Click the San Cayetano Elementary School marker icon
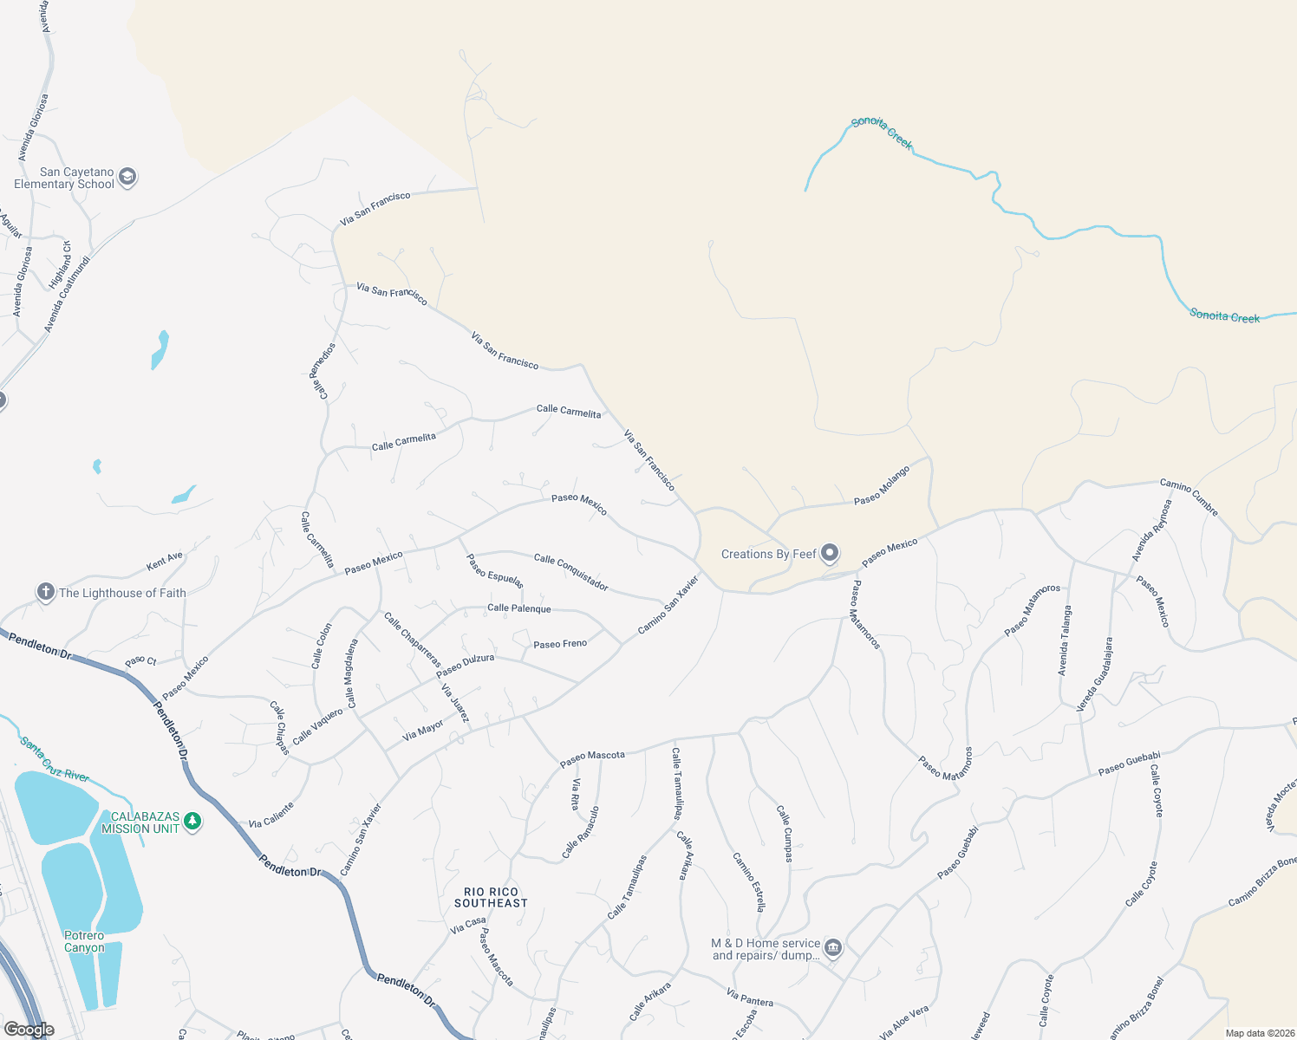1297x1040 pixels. pos(127,178)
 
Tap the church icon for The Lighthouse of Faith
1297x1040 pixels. pos(46,592)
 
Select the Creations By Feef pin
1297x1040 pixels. pos(830,553)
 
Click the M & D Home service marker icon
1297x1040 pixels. pos(833,948)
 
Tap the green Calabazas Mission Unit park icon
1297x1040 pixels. pos(192,822)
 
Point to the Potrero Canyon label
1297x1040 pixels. pos(84,941)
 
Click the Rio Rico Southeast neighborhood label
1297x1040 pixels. pos(491,897)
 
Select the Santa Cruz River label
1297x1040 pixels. pos(55,758)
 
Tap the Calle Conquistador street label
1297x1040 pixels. pos(570,572)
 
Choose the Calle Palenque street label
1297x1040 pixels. pos(518,608)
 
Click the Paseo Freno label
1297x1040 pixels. pos(560,644)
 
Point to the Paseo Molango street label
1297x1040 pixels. pos(882,485)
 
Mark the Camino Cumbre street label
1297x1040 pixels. pos(1189,497)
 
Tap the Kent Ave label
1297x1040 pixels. pos(165,561)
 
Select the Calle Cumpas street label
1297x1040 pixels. pos(784,834)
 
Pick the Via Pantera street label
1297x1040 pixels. pos(750,998)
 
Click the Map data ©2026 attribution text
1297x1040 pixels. pos(1260,1033)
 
